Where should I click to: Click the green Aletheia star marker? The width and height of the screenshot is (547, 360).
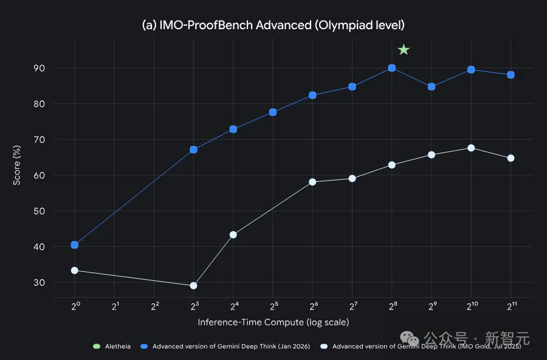(404, 50)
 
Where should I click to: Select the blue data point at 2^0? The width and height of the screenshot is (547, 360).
(75, 245)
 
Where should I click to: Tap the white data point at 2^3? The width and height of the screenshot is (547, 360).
(194, 286)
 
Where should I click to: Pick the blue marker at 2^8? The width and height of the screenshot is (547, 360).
(392, 68)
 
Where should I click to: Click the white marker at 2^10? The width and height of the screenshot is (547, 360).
(471, 148)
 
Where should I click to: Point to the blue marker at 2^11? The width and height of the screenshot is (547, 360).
(511, 75)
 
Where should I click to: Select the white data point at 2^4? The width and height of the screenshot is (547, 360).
(233, 235)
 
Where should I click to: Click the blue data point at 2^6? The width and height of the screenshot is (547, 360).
(312, 95)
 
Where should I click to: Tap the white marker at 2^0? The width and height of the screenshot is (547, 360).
(75, 271)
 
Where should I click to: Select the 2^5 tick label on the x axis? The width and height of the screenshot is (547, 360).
(273, 306)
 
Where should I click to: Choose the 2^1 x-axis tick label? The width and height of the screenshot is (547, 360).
(115, 306)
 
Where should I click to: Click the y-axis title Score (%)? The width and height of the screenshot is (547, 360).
(19, 164)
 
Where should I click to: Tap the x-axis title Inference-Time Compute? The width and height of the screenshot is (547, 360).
(273, 322)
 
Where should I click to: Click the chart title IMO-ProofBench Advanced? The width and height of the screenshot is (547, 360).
(273, 26)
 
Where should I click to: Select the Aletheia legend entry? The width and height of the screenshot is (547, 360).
(112, 347)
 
